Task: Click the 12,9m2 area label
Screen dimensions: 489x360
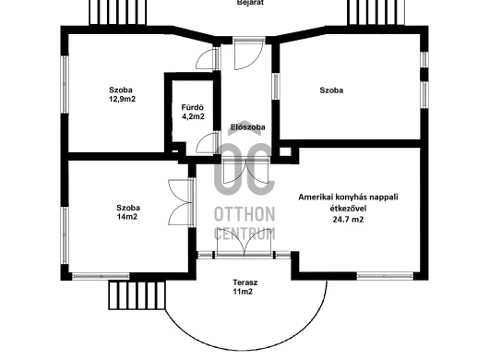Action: click(x=122, y=99)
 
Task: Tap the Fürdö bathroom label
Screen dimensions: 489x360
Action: click(x=193, y=108)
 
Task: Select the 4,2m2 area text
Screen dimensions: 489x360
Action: click(x=193, y=116)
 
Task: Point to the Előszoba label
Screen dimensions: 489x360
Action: click(x=248, y=127)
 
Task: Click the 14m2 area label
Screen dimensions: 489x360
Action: click(x=127, y=217)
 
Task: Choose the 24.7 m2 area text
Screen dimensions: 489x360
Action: click(x=348, y=220)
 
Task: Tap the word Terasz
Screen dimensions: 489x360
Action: click(x=245, y=282)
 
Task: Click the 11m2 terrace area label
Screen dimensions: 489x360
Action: click(x=243, y=292)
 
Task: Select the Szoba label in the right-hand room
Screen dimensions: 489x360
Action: click(x=331, y=90)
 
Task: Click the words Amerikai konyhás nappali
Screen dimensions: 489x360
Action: click(x=348, y=198)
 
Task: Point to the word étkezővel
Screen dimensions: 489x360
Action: click(x=348, y=208)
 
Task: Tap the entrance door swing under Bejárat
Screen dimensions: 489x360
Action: click(x=248, y=54)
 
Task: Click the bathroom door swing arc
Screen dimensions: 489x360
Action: click(x=207, y=142)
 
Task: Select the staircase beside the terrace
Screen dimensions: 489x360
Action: click(x=137, y=295)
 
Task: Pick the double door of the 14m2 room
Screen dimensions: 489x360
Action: click(x=181, y=202)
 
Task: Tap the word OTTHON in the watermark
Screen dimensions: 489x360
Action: click(x=244, y=214)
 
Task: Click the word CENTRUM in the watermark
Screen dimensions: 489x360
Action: click(x=244, y=234)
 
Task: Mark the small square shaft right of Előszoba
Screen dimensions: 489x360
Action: click(x=285, y=152)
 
